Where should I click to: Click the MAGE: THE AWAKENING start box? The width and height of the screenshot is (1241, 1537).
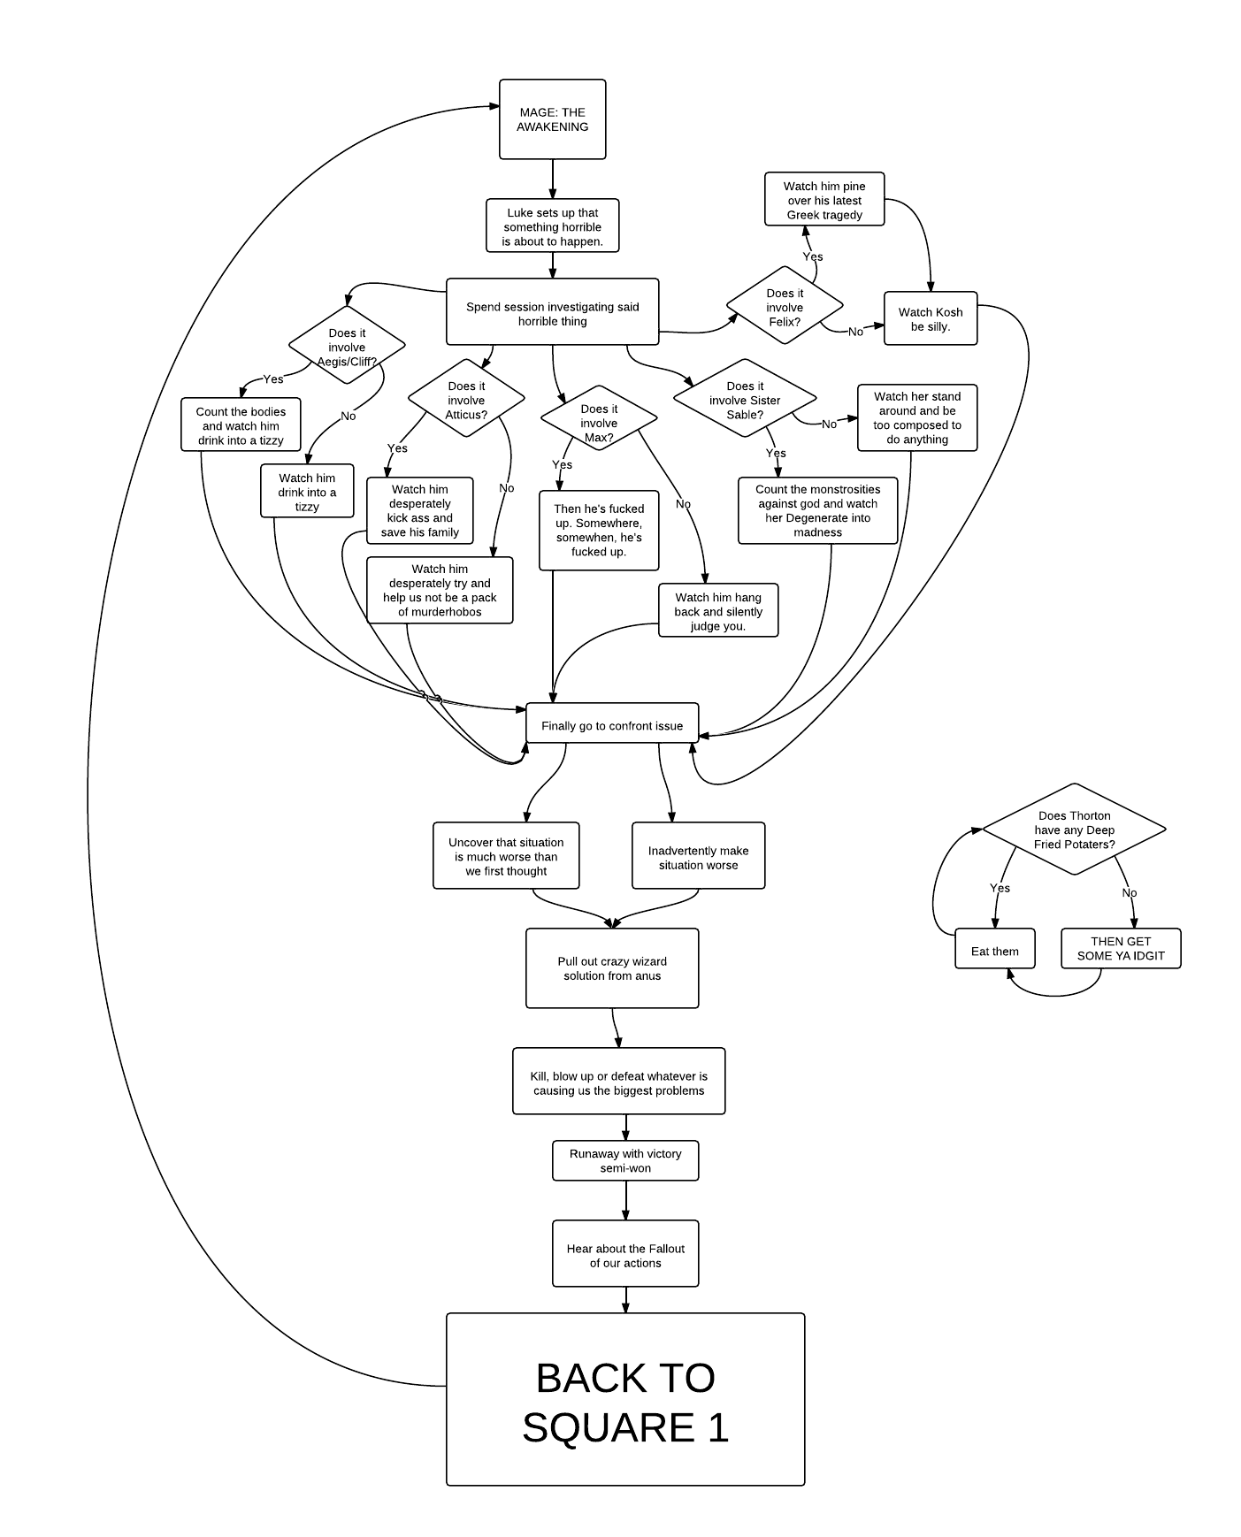click(552, 119)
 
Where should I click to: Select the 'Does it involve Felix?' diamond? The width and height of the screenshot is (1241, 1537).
click(785, 308)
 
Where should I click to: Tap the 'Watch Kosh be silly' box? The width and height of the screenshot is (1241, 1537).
click(931, 318)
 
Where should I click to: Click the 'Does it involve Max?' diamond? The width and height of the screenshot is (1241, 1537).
click(599, 417)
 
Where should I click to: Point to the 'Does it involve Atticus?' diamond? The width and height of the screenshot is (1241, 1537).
click(466, 399)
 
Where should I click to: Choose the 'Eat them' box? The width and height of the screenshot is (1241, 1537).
click(994, 951)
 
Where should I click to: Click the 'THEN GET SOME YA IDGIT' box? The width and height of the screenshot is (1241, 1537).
click(1121, 949)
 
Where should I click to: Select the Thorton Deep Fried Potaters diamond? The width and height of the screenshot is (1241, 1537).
click(1074, 830)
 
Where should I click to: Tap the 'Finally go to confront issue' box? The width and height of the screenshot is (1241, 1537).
click(612, 724)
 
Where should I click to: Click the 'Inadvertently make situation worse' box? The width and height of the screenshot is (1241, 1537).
click(698, 856)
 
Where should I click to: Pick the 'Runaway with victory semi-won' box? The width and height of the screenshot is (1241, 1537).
click(625, 1160)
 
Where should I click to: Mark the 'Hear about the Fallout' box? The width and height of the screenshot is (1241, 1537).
click(625, 1254)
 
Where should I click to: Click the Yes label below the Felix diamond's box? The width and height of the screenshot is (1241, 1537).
click(812, 256)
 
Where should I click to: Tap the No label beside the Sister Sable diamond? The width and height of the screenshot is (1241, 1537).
click(829, 424)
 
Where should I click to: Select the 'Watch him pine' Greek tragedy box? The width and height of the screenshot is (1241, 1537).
click(824, 200)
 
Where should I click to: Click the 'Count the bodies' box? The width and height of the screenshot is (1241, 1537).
click(241, 425)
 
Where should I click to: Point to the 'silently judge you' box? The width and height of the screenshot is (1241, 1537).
click(718, 611)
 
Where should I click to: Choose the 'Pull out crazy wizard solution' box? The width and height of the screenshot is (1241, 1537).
click(612, 968)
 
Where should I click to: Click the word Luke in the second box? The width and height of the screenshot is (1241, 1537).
click(520, 212)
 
